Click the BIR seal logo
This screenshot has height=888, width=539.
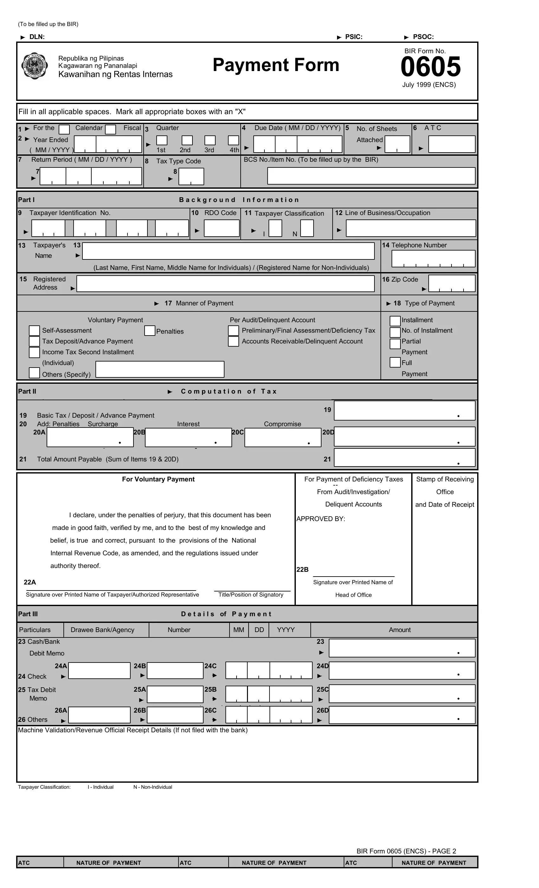(34, 66)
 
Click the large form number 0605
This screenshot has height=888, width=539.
(430, 67)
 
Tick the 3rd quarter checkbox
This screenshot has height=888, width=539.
(210, 140)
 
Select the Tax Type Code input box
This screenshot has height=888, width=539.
(191, 177)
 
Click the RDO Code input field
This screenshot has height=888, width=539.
(221, 228)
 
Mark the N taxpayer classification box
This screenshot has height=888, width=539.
(307, 228)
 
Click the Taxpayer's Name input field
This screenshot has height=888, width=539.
(228, 251)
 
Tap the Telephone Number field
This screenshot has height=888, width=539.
(433, 258)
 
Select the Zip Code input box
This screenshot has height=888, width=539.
(451, 283)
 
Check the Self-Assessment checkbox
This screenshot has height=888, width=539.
(34, 330)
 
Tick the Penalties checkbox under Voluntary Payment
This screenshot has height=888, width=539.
(150, 330)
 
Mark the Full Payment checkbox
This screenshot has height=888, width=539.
(395, 362)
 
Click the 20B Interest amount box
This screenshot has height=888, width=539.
(188, 437)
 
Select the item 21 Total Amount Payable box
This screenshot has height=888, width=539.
(404, 457)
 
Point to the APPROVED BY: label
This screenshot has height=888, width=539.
(321, 519)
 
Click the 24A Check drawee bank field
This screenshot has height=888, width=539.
(99, 670)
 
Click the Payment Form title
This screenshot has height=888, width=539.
(276, 65)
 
